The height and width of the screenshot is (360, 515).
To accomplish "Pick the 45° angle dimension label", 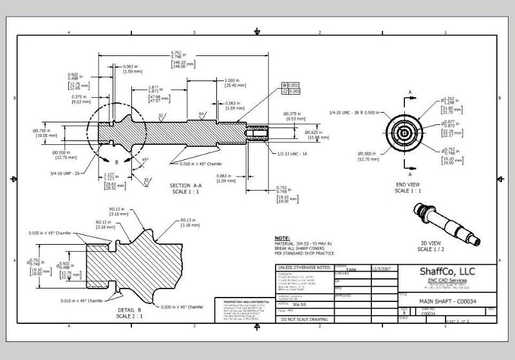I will (x=146, y=159).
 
